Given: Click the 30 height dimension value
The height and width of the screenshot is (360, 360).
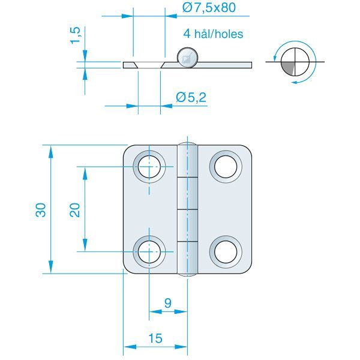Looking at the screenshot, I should pos(40,209).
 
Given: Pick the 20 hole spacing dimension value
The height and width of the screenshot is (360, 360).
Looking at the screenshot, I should pos(75,209).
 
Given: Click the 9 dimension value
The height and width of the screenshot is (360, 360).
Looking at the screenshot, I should pos(168,304).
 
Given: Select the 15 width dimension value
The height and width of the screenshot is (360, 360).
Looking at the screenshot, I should pos(155,339).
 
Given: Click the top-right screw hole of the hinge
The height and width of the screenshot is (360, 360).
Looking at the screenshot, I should pos(226,166).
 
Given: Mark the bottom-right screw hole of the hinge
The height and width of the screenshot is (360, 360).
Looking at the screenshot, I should pos(226,251).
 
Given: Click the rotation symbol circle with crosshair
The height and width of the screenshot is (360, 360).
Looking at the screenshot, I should pos(293,62).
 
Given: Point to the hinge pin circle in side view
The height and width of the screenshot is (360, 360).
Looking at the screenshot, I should pos(187,58).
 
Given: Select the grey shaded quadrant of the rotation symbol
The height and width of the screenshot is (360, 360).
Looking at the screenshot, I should pos(289,68).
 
